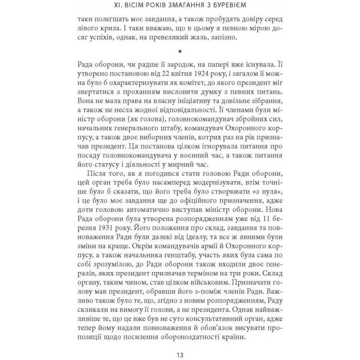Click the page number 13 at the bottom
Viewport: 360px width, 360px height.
click(180, 354)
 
